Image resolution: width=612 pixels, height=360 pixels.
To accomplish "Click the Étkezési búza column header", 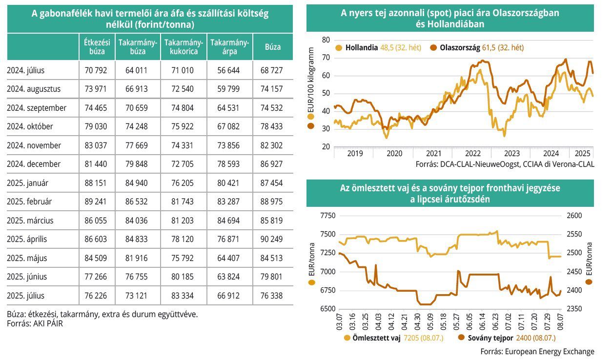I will point(97,47).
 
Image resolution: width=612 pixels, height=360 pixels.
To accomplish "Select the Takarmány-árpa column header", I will point(230,47).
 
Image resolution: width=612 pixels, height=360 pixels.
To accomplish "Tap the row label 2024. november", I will point(34,145).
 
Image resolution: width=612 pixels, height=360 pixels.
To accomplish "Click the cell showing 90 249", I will point(271,239).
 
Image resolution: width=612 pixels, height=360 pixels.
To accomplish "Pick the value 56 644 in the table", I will point(230,70).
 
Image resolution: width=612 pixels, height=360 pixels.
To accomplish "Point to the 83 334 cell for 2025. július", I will point(183,296).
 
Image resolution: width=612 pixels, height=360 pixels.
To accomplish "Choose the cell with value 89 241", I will point(97,201).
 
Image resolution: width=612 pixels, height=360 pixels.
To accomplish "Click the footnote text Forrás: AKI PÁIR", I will point(35,323).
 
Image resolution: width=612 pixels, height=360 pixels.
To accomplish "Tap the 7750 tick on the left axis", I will point(328,216).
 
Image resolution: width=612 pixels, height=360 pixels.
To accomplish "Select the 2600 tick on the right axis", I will point(574,216).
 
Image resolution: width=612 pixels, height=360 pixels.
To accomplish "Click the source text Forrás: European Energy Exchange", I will point(537,351).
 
